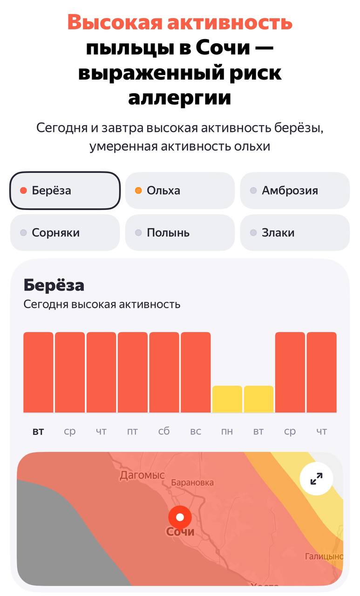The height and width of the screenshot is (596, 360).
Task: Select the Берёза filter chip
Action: pos(65,190)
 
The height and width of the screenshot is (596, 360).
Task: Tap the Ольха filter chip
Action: pos(180,190)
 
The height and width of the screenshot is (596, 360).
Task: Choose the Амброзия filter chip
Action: pos(295,190)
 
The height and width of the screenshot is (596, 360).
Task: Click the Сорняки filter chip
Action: pos(65,233)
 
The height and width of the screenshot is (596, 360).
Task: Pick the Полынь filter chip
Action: pos(180,233)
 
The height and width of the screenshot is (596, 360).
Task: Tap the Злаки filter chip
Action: pos(295,233)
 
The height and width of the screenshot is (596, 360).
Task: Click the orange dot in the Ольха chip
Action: pos(138,190)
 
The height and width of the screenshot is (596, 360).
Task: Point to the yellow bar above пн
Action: pos(227,399)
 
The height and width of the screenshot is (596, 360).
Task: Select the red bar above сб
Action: pos(164,372)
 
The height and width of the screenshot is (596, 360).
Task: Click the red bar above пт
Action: pos(132,372)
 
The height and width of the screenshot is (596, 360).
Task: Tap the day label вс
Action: pos(196,432)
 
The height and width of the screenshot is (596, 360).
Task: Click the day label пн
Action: pos(227,432)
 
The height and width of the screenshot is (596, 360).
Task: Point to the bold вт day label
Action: pos(38,432)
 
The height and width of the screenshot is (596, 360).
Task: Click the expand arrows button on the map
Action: pos(316,478)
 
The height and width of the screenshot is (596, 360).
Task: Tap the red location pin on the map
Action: pos(180,517)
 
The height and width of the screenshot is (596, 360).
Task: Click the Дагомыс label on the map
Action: pos(142,475)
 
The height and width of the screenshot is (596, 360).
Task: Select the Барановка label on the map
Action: pos(192,483)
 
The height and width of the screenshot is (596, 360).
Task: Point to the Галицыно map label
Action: pos(324,556)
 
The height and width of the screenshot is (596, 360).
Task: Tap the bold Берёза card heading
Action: pos(54,285)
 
